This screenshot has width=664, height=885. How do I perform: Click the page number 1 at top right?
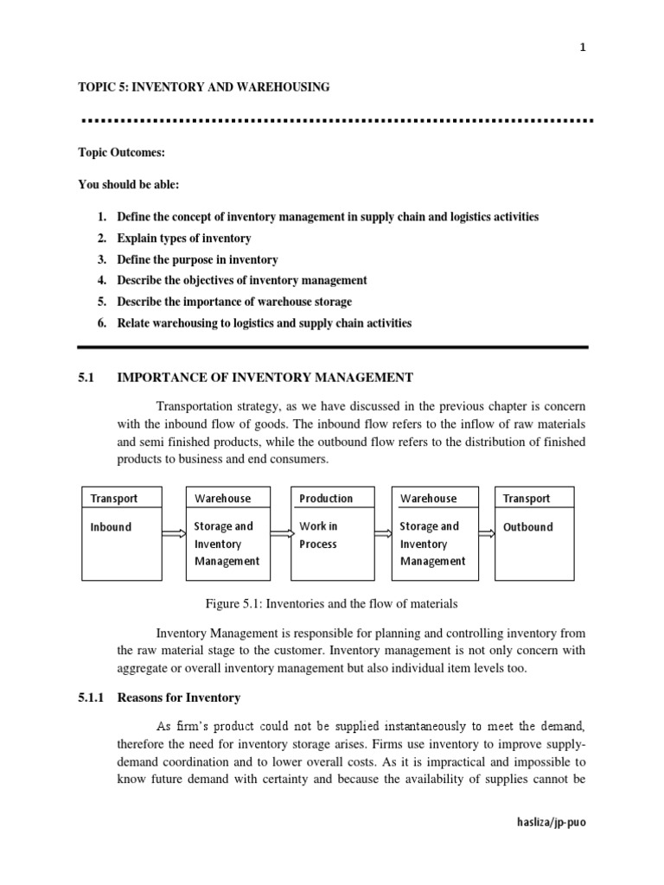pyautogui.click(x=583, y=48)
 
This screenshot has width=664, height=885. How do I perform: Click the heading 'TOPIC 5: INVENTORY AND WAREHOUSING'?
pyautogui.click(x=204, y=86)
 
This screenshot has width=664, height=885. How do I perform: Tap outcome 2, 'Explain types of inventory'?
pyautogui.click(x=184, y=238)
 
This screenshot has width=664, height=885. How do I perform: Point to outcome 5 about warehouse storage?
pyautogui.click(x=234, y=302)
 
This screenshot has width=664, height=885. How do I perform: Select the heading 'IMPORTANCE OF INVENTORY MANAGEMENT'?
pyautogui.click(x=265, y=377)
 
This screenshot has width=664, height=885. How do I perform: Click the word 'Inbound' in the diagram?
pyautogui.click(x=111, y=526)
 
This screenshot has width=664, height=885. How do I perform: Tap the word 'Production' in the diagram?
pyautogui.click(x=326, y=499)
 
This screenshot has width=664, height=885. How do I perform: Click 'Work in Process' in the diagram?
pyautogui.click(x=319, y=535)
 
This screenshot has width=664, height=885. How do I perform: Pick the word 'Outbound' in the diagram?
pyautogui.click(x=527, y=526)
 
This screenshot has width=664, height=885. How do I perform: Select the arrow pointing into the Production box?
pyautogui.click(x=281, y=534)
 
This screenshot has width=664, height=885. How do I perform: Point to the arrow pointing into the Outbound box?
pyautogui.click(x=487, y=534)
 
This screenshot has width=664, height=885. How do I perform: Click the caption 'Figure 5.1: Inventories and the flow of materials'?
pyautogui.click(x=332, y=603)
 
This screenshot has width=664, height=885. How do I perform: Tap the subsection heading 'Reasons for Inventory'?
pyautogui.click(x=183, y=697)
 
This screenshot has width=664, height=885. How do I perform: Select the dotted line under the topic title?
pyautogui.click(x=333, y=119)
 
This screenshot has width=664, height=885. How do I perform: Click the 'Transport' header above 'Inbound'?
pyautogui.click(x=113, y=499)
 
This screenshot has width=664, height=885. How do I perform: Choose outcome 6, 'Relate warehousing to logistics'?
pyautogui.click(x=265, y=323)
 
